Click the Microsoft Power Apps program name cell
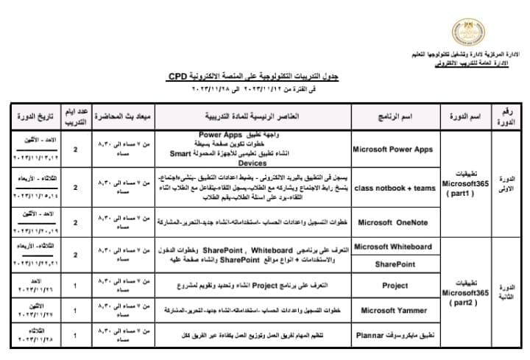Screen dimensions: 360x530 pyautogui.click(x=392, y=149)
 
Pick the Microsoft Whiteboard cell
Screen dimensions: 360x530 pyautogui.click(x=392, y=247)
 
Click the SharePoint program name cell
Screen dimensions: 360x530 pyautogui.click(x=395, y=264)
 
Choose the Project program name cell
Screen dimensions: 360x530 pyautogui.click(x=395, y=284)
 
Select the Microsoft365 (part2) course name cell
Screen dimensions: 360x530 pyautogui.click(x=464, y=292)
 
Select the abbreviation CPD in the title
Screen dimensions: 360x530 pyautogui.click(x=177, y=75)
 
